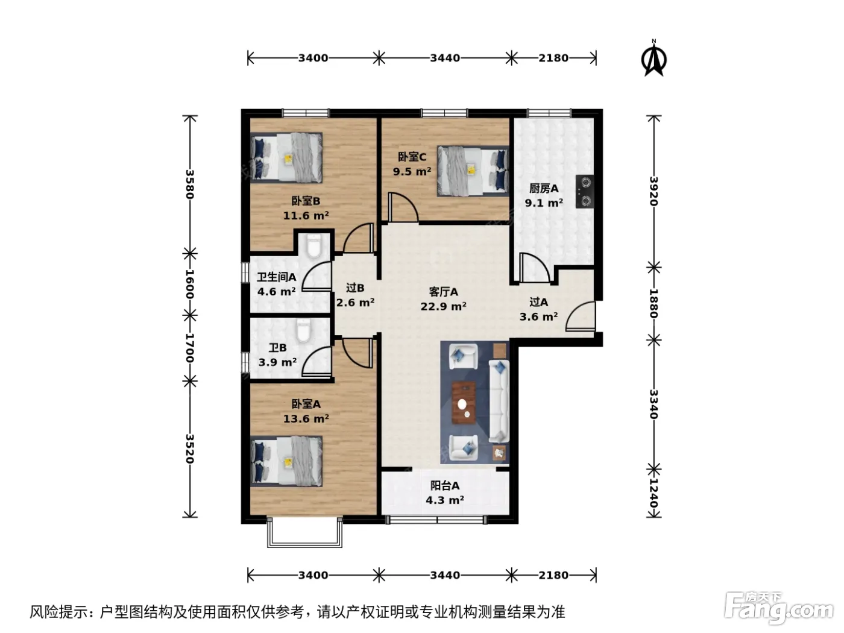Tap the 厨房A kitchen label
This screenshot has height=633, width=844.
pyautogui.click(x=544, y=188)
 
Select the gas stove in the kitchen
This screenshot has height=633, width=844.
pyautogui.click(x=584, y=191)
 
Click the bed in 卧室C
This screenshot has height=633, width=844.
pyautogui.click(x=473, y=171)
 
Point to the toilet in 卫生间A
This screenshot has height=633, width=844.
pyautogui.click(x=313, y=246)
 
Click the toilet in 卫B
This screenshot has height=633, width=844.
pyautogui.click(x=303, y=332)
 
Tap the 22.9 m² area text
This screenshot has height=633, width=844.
pyautogui.click(x=443, y=306)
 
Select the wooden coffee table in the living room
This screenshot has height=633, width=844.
pyautogui.click(x=464, y=403)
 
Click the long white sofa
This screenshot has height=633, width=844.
pyautogui.click(x=499, y=401)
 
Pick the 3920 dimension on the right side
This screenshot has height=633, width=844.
pyautogui.click(x=653, y=191)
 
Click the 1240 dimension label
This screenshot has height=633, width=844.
pyautogui.click(x=653, y=493)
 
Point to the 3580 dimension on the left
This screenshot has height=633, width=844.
pyautogui.click(x=189, y=184)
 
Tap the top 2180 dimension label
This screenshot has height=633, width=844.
pyautogui.click(x=553, y=58)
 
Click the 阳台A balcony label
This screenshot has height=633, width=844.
pyautogui.click(x=444, y=485)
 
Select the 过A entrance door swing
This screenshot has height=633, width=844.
pyautogui.click(x=581, y=316)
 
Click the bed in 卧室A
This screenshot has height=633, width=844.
pyautogui.click(x=286, y=461)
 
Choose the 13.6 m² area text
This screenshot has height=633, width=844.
pyautogui.click(x=306, y=418)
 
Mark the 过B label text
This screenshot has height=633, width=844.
pyautogui.click(x=354, y=288)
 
